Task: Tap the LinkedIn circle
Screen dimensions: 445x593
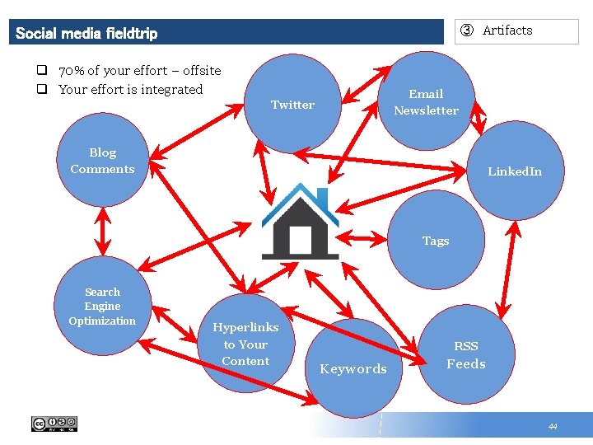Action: [515, 171]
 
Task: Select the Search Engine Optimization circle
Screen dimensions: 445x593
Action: [102, 307]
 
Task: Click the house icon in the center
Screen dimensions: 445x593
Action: [300, 222]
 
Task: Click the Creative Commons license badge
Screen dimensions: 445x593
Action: [54, 424]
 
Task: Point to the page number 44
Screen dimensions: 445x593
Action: [553, 426]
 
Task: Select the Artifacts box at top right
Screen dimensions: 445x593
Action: [516, 31]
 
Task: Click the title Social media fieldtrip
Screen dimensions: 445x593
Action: [86, 34]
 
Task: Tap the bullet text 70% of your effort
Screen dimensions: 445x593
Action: [139, 71]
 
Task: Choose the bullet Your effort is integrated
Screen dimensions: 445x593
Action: [130, 89]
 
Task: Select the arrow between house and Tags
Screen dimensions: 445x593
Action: [362, 240]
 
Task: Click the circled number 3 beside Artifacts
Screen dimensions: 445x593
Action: [467, 31]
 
